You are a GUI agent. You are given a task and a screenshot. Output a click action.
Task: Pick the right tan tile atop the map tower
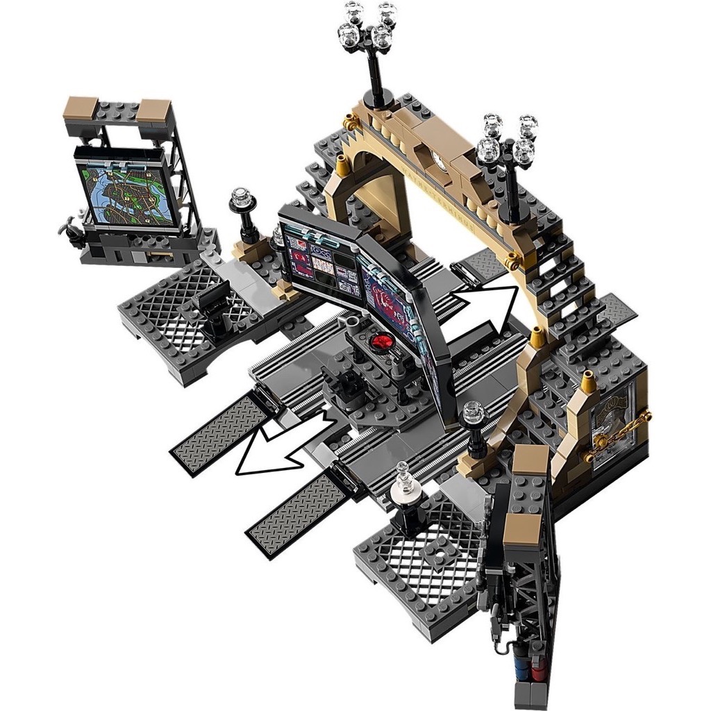point(156,110)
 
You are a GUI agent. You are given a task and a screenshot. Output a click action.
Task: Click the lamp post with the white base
point(403,494)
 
